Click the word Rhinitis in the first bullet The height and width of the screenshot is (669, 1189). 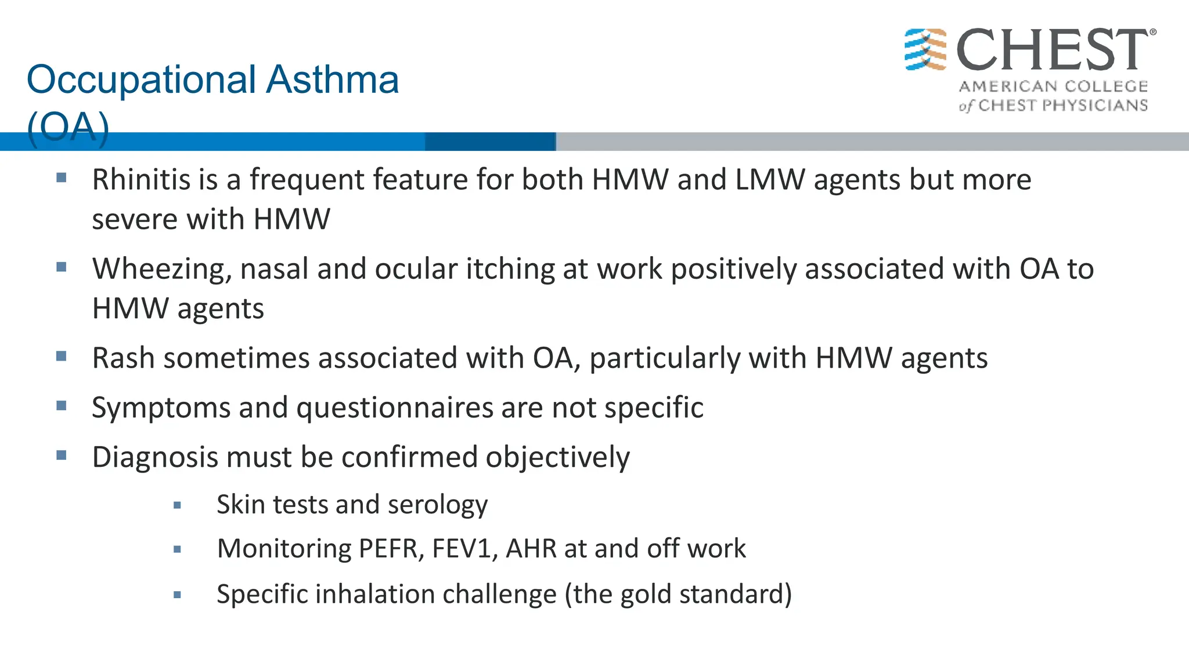pos(140,179)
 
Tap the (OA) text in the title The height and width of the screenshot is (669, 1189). pos(68,127)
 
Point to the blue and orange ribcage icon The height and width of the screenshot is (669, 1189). pos(925,49)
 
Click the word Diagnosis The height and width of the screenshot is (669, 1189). pos(155,458)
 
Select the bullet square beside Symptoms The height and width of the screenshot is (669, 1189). pos(62,406)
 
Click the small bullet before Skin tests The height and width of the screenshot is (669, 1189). pos(178,505)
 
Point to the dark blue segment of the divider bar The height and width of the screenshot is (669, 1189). pos(490,141)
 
